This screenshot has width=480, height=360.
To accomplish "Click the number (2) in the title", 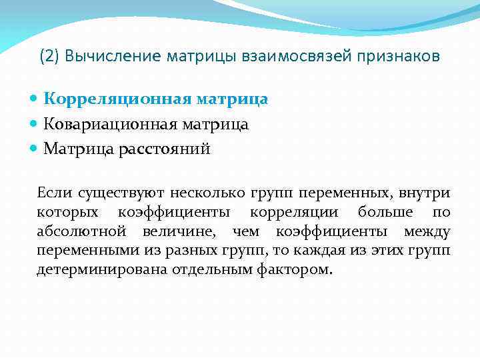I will click(49, 57).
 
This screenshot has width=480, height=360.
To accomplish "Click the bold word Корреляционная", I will click(119, 99).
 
